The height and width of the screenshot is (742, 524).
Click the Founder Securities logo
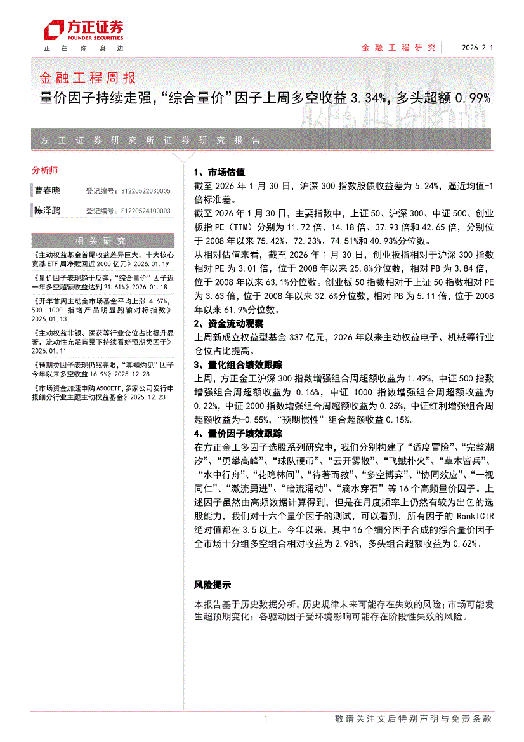pyautogui.click(x=82, y=30)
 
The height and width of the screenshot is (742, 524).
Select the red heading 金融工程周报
pyautogui.click(x=88, y=78)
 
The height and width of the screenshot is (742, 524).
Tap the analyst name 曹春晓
pyautogui.click(x=48, y=190)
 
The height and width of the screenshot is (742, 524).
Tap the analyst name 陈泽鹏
pyautogui.click(x=48, y=210)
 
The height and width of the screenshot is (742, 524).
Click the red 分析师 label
pyautogui.click(x=44, y=170)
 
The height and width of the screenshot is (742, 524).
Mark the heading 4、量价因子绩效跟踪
pyautogui.click(x=238, y=434)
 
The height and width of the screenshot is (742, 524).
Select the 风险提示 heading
pyautogui.click(x=212, y=585)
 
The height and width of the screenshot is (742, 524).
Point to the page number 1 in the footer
pyautogui.click(x=265, y=719)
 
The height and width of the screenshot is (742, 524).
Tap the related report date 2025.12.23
pyautogui.click(x=147, y=397)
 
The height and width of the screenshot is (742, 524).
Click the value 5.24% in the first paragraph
pyautogui.click(x=426, y=186)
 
